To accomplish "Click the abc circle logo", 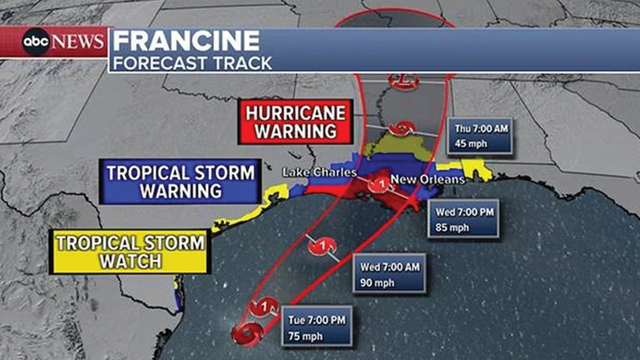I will (x=35, y=41).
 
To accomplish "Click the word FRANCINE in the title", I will (x=186, y=41).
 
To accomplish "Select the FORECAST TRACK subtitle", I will (x=192, y=63).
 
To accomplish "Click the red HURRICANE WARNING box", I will (x=296, y=122).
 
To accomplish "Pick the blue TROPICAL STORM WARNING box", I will (x=180, y=182).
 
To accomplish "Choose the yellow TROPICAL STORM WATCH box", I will (x=130, y=252).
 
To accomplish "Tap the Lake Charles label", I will (x=319, y=172).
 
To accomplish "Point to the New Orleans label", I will (x=427, y=179).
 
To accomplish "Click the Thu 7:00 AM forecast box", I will (x=480, y=136).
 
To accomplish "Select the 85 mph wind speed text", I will (x=452, y=228).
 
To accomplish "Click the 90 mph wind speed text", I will (x=377, y=283).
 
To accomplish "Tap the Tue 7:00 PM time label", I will (x=317, y=320).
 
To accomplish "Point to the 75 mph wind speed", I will (x=305, y=336).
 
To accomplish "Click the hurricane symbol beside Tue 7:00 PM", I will (x=263, y=307).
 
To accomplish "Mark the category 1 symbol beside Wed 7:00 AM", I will (x=322, y=246).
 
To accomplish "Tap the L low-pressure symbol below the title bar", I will (x=404, y=80).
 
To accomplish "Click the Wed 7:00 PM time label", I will (x=464, y=212).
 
